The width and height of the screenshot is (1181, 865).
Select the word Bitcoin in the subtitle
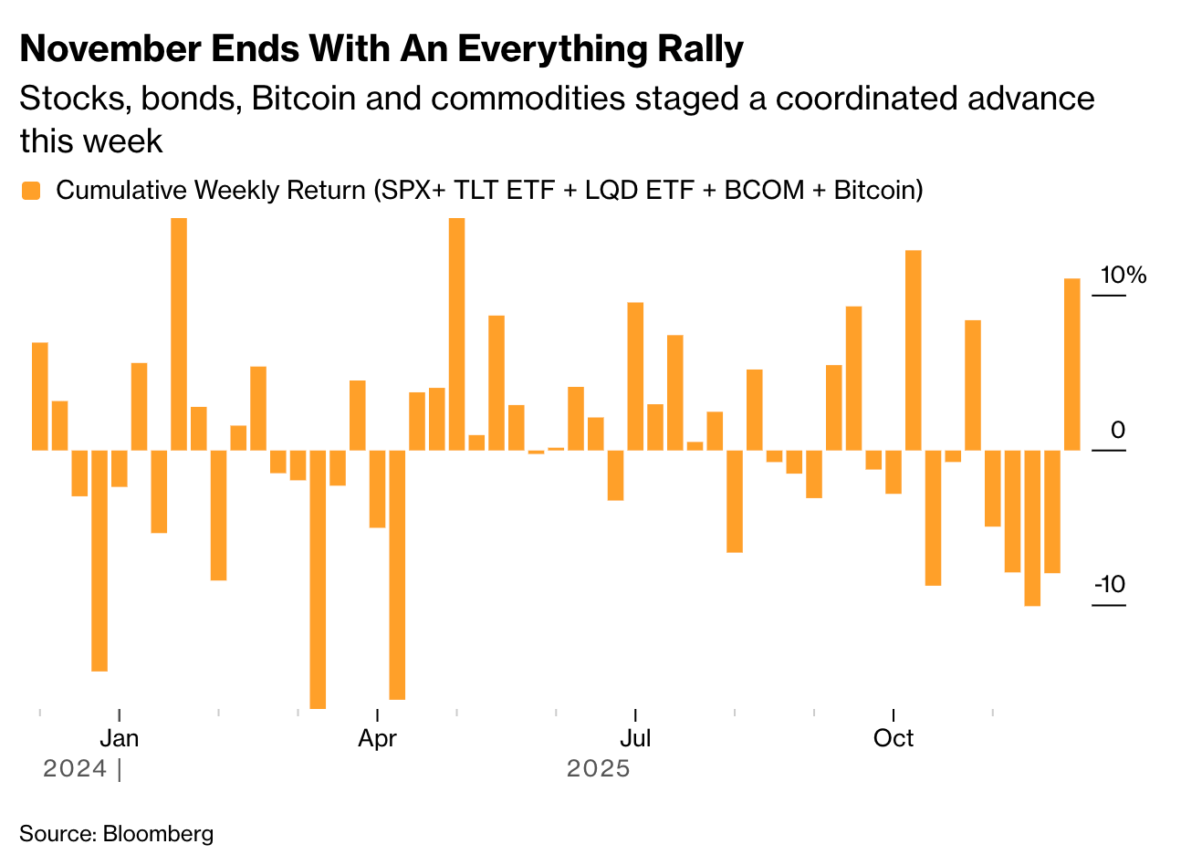click(303, 99)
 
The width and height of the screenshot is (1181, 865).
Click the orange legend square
click(31, 191)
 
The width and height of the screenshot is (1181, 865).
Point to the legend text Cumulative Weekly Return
click(211, 190)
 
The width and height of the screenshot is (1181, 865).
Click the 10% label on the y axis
click(1123, 275)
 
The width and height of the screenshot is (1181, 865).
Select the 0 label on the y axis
click(1117, 430)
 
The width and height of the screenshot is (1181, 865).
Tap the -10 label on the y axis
click(1110, 585)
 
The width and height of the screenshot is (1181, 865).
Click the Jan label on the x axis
click(120, 738)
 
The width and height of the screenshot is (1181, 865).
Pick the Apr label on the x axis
click(377, 738)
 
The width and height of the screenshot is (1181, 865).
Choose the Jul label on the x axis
click(634, 738)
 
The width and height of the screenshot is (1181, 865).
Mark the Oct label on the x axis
click(893, 738)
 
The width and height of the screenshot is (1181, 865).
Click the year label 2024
click(75, 768)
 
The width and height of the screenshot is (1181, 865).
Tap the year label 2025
click(598, 768)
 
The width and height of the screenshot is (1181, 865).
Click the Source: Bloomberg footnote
click(116, 833)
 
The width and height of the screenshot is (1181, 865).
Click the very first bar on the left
click(40, 396)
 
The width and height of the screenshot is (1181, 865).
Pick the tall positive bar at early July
click(635, 376)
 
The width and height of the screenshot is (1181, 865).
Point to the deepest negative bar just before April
click(318, 578)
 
